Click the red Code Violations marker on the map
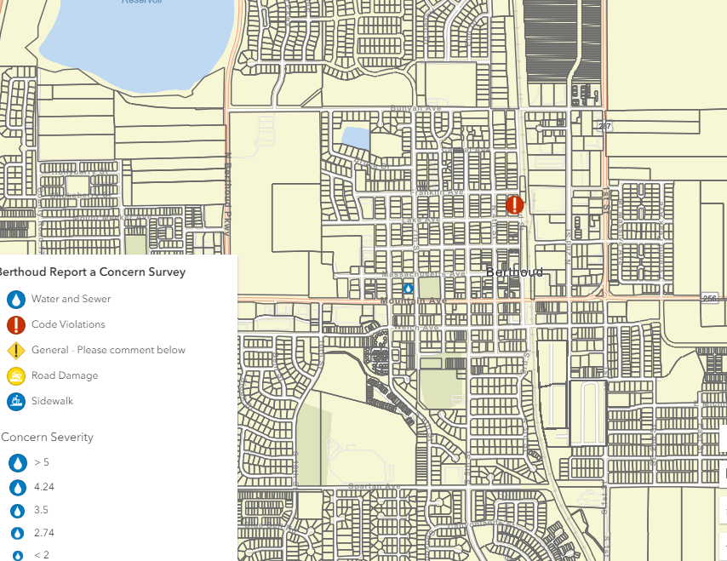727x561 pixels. (515, 204)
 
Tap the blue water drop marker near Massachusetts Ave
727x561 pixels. (408, 289)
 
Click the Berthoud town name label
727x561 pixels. (514, 272)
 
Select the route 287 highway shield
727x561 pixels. (604, 126)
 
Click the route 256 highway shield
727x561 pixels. (711, 298)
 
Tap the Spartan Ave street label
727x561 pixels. (374, 486)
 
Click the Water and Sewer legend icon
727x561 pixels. (16, 300)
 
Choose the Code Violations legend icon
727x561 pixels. (16, 324)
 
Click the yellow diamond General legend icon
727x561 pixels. (16, 350)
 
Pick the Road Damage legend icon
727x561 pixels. (16, 375)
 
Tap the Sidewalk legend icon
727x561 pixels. (16, 401)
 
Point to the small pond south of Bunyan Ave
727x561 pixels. (355, 137)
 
